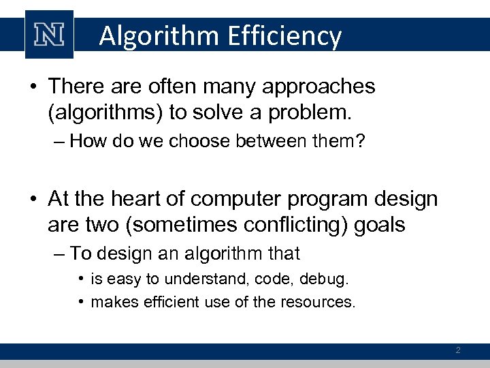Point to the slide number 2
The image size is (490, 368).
458,350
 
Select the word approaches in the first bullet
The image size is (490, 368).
317,87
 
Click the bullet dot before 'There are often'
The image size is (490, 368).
34,87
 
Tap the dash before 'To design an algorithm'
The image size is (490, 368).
59,254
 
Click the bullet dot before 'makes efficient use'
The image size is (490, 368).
80,301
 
